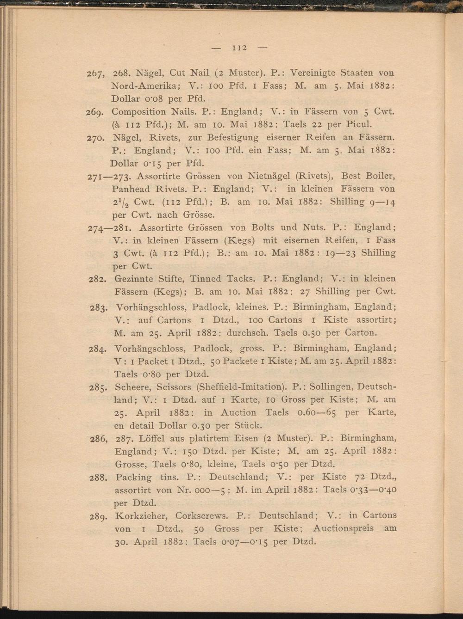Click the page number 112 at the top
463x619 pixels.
click(x=241, y=47)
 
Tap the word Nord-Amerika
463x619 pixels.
click(x=142, y=86)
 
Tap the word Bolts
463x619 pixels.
click(x=266, y=227)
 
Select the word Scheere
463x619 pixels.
click(x=134, y=386)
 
